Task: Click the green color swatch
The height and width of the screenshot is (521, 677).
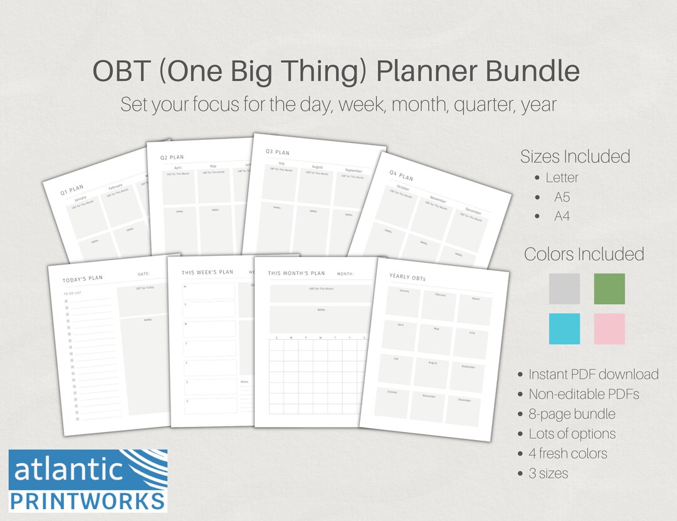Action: (609, 289)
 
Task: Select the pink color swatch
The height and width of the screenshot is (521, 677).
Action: (609, 329)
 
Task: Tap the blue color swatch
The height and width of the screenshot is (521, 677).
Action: (564, 329)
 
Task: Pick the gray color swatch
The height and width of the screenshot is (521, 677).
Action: (564, 289)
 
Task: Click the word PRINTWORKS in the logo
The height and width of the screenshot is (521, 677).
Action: (88, 500)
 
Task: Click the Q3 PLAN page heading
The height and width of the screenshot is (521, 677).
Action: (278, 152)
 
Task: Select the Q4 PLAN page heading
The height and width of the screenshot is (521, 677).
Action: (402, 176)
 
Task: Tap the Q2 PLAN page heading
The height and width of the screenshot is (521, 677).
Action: (173, 158)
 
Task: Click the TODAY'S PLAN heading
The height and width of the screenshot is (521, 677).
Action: (83, 278)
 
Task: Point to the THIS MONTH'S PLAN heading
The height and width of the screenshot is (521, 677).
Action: (297, 273)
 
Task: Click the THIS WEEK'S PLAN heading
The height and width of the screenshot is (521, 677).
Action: (207, 273)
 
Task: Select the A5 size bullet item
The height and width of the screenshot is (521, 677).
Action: (562, 197)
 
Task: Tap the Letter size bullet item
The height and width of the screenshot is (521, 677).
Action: (562, 177)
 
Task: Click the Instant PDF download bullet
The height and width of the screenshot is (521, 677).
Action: (593, 374)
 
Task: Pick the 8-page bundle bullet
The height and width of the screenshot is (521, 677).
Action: (572, 414)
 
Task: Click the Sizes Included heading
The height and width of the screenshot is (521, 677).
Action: (575, 156)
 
